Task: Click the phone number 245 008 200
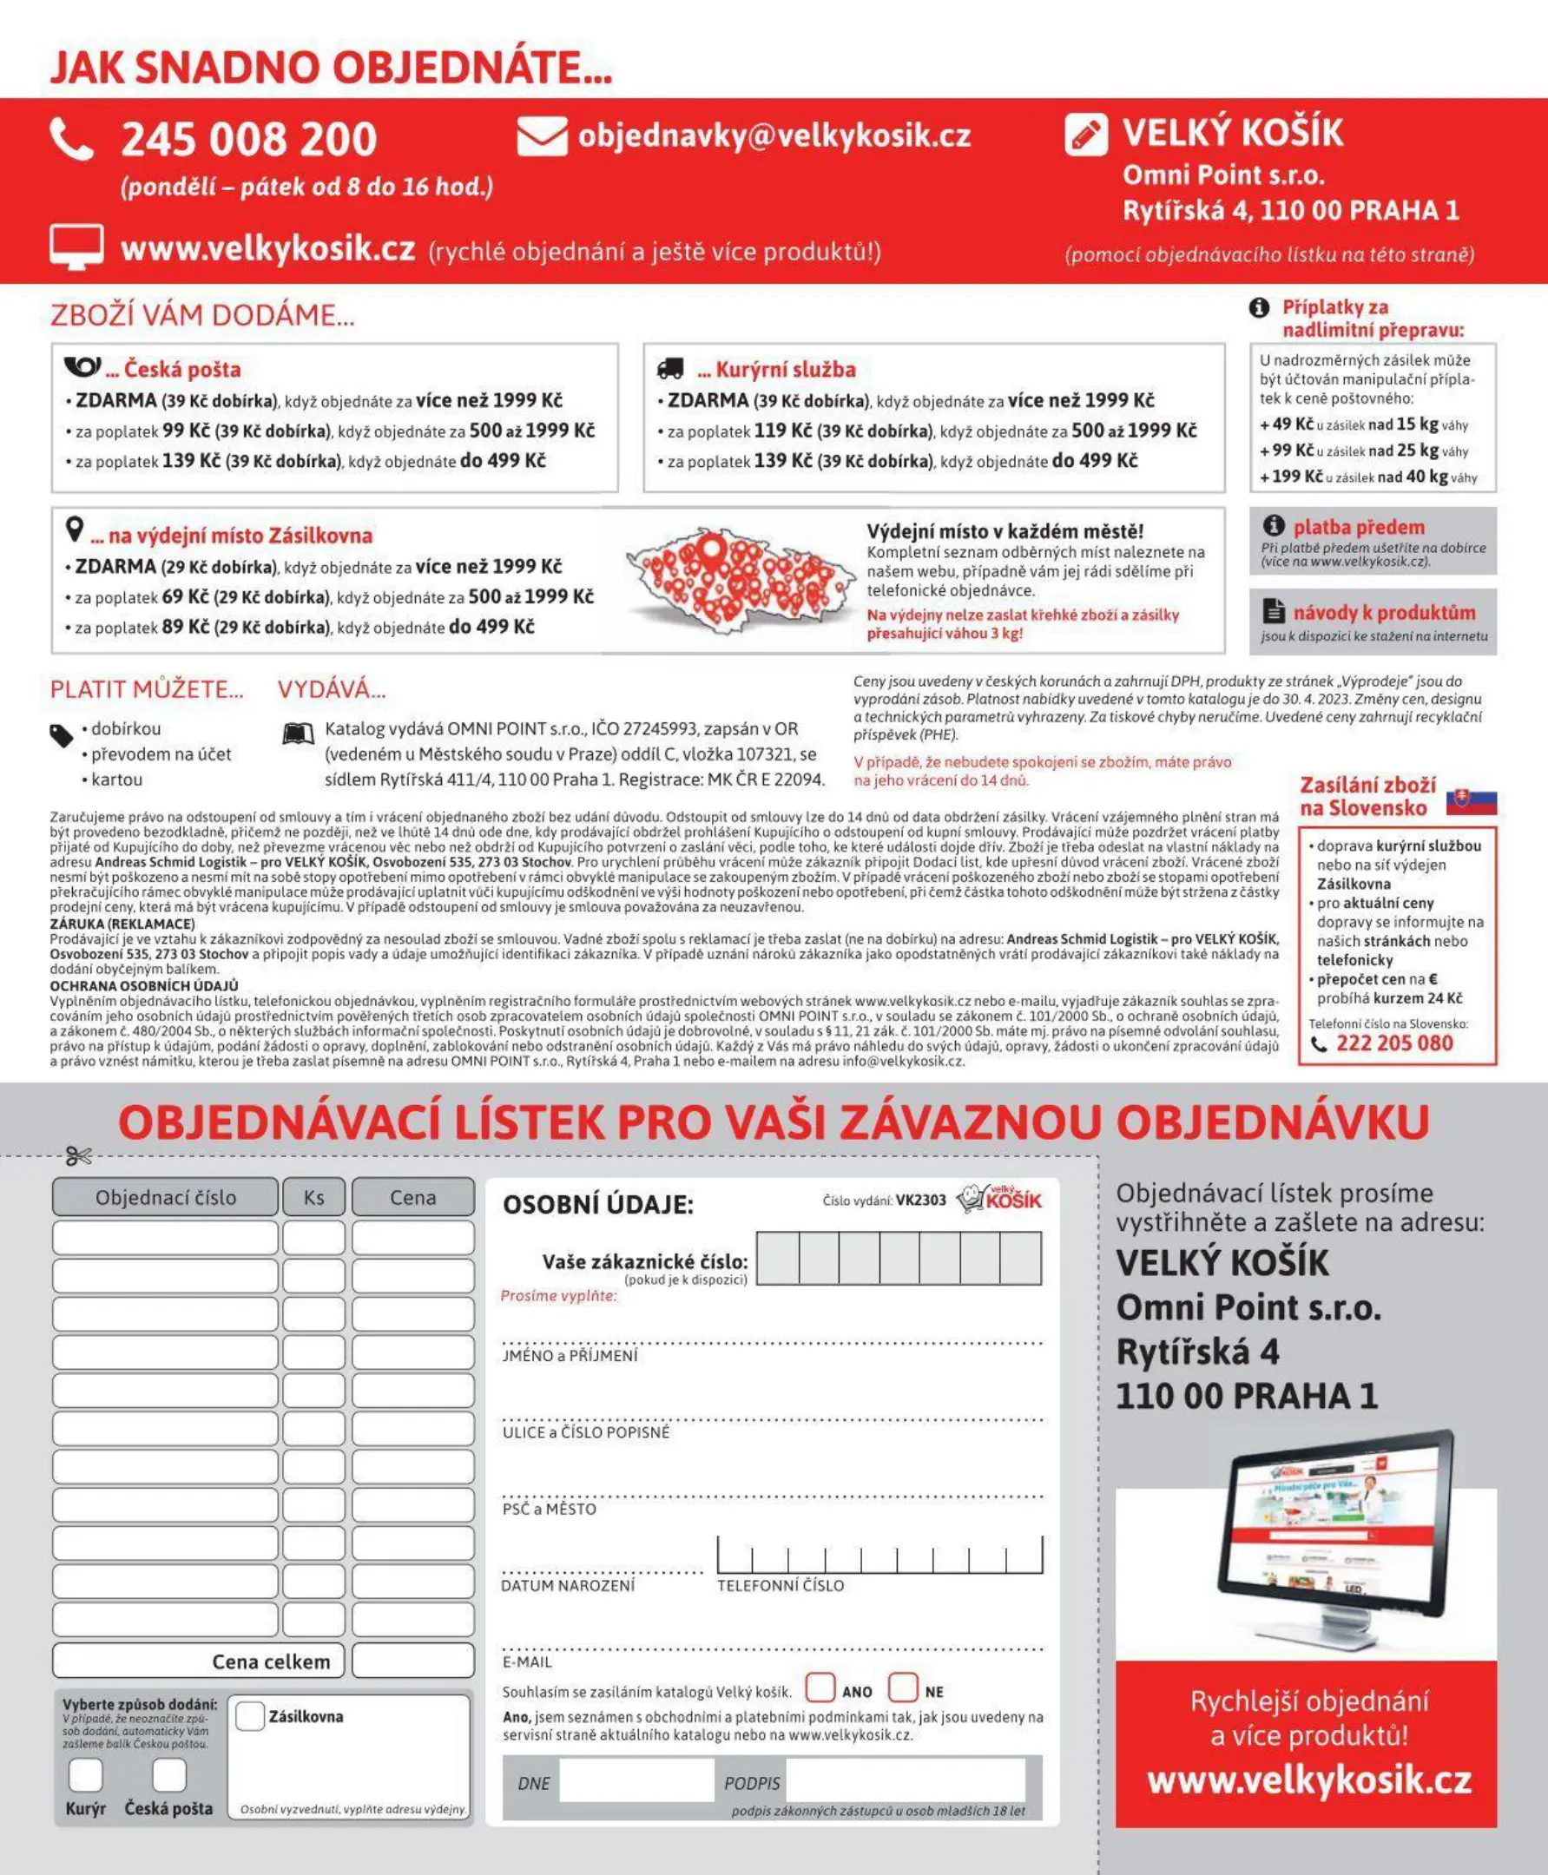tap(249, 140)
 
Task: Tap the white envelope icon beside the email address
tap(541, 136)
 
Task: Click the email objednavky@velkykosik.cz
tap(774, 135)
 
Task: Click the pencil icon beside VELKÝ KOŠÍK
tap(1086, 135)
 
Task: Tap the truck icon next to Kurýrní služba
tap(670, 368)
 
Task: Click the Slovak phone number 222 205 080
tap(1393, 1043)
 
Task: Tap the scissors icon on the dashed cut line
tap(78, 1156)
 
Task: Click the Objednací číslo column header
tap(166, 1197)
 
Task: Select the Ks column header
tap(314, 1197)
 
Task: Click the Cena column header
tap(413, 1197)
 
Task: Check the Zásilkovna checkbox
tap(250, 1715)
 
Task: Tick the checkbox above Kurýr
tap(86, 1774)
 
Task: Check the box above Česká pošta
tap(168, 1774)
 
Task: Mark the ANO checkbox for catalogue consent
tap(820, 1687)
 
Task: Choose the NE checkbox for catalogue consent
tap(902, 1687)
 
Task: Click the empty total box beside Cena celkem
tap(413, 1661)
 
